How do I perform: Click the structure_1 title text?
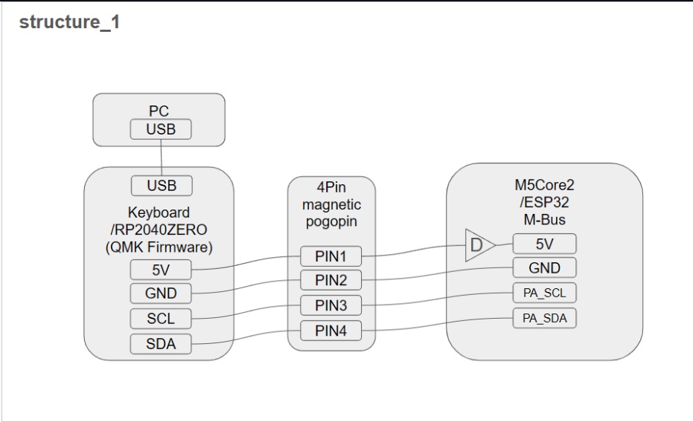pyautogui.click(x=69, y=22)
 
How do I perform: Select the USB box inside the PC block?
pyautogui.click(x=162, y=129)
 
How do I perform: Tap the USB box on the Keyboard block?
pyautogui.click(x=162, y=186)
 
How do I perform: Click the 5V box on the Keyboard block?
pyautogui.click(x=161, y=269)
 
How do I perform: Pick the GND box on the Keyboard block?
pyautogui.click(x=161, y=293)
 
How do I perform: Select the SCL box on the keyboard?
pyautogui.click(x=161, y=319)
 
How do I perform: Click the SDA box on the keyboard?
pyautogui.click(x=161, y=344)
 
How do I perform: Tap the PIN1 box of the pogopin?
pyautogui.click(x=330, y=257)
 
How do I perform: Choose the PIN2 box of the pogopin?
pyautogui.click(x=330, y=281)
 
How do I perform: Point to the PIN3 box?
pyautogui.click(x=330, y=305)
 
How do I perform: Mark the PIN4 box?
pyautogui.click(x=330, y=331)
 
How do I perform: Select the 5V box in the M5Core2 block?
pyautogui.click(x=544, y=244)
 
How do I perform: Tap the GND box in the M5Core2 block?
pyautogui.click(x=544, y=268)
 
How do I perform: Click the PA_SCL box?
pyautogui.click(x=544, y=293)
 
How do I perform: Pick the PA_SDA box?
pyautogui.click(x=544, y=318)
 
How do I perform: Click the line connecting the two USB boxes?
pyautogui.click(x=162, y=158)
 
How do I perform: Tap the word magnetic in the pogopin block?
pyautogui.click(x=331, y=204)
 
